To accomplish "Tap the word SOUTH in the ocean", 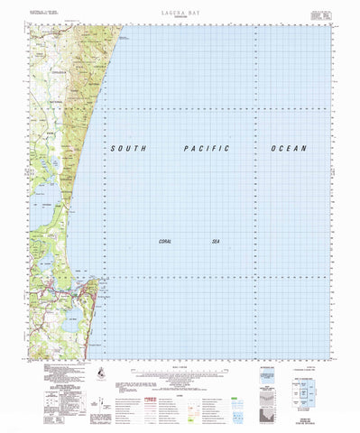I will pos(130,148).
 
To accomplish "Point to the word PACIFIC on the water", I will pos(204,148).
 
